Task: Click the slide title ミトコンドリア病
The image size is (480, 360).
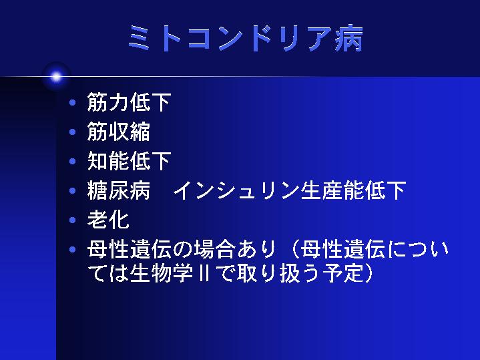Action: (x=246, y=38)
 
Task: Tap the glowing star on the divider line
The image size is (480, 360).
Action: (x=56, y=77)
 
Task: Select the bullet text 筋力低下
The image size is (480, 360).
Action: (x=129, y=102)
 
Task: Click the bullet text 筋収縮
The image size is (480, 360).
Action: (x=118, y=132)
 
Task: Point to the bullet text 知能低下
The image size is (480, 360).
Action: (x=129, y=161)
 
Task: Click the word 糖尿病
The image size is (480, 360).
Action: (x=118, y=190)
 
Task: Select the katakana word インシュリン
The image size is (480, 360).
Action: (x=236, y=190)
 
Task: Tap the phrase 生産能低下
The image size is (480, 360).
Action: (x=353, y=190)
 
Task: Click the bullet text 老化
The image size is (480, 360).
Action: (x=108, y=220)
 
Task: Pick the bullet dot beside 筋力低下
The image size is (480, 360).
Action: (x=73, y=102)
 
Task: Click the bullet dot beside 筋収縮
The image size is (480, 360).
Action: (x=73, y=132)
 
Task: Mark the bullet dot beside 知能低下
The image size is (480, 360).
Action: (x=73, y=161)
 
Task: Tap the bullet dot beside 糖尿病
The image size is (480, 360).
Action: (x=73, y=190)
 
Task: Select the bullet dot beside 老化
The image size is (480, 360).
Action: (x=73, y=220)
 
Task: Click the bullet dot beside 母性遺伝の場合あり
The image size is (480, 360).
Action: (x=73, y=249)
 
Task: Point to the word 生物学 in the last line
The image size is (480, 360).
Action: (x=162, y=273)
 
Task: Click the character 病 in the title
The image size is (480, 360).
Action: (x=349, y=38)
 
